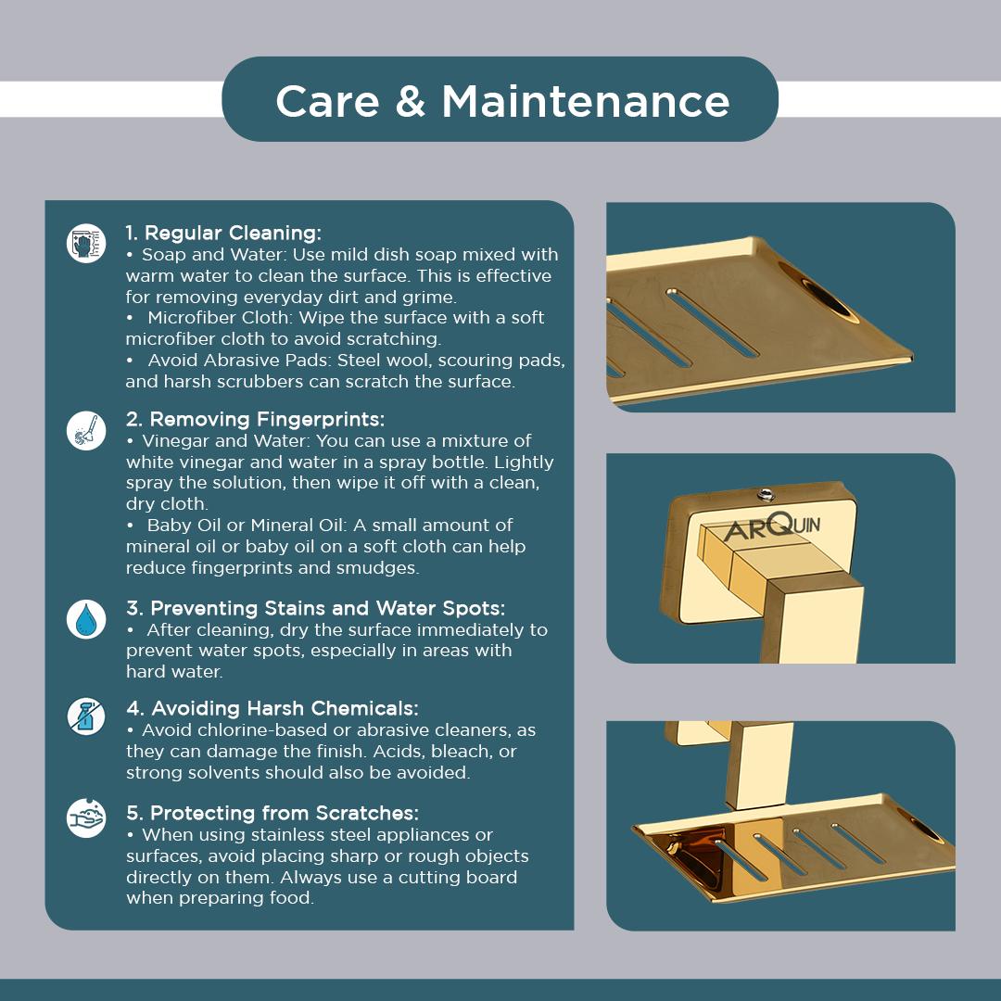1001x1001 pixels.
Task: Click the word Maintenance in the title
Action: (x=586, y=101)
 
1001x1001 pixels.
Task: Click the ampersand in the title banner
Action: (x=410, y=101)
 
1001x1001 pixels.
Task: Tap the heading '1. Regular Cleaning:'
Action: (x=223, y=233)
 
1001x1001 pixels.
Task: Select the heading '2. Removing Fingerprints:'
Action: (x=256, y=419)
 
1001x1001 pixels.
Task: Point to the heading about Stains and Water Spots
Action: (x=315, y=608)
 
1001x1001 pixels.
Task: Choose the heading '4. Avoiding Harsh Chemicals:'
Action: (x=272, y=708)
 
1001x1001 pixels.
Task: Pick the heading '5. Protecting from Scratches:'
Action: (x=272, y=813)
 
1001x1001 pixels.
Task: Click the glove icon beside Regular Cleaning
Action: (x=86, y=243)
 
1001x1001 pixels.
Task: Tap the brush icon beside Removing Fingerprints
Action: (x=86, y=430)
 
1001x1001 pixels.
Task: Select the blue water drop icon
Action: (x=86, y=619)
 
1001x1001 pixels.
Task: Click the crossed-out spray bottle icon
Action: (x=86, y=716)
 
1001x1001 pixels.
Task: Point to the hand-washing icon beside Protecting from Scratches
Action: (x=86, y=817)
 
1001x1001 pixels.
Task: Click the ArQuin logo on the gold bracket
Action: (x=773, y=527)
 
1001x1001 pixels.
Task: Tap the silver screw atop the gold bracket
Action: (x=766, y=494)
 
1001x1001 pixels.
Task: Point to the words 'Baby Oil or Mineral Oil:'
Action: (x=247, y=526)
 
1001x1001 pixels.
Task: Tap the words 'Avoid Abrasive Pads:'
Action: (x=239, y=360)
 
